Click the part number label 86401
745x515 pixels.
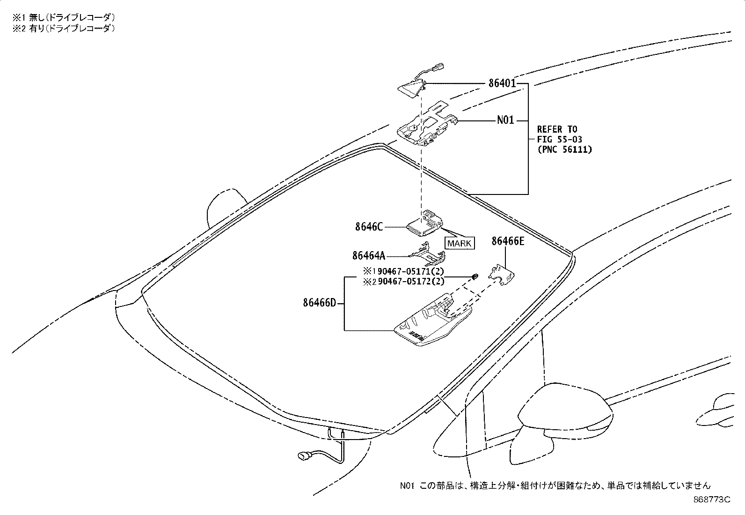coord(502,83)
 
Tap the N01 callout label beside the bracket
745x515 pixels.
coord(505,120)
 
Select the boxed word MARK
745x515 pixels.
coord(459,244)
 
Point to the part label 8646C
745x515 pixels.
coord(369,227)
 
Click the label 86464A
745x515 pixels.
coord(368,256)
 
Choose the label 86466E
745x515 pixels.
coord(508,241)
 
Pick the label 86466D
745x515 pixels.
coord(319,303)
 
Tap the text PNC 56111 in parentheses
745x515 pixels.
coord(565,149)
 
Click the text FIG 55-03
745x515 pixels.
coord(559,140)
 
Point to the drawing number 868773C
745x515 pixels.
coord(712,500)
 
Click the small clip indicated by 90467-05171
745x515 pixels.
coord(475,276)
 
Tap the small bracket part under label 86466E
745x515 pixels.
coord(501,275)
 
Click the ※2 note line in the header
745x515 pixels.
coord(64,29)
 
